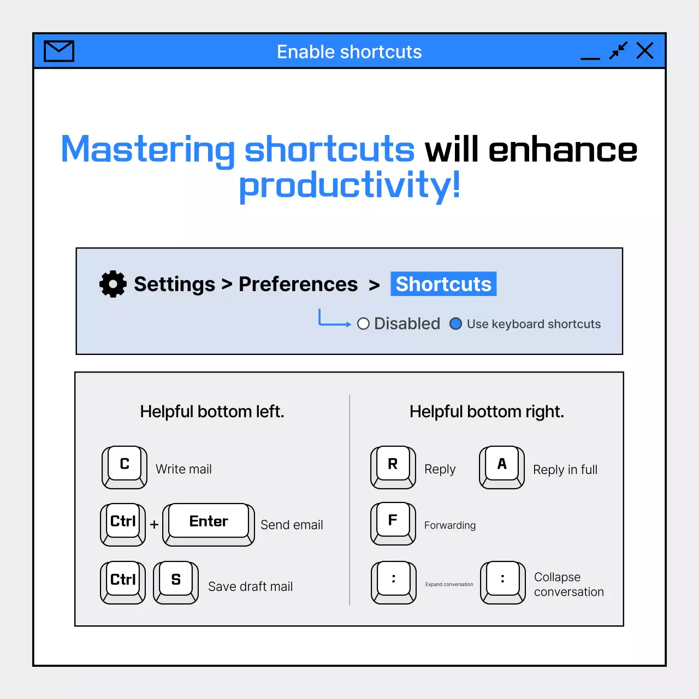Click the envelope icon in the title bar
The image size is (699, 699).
pos(59,51)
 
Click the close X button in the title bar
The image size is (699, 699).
pos(645,50)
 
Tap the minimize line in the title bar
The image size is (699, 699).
pos(590,58)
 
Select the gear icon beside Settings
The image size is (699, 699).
pos(113,283)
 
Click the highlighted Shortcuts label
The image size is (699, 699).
pos(443,283)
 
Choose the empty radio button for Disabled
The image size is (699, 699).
pos(363,324)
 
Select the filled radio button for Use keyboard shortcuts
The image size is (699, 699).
pos(455,324)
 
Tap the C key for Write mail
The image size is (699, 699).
pos(125,467)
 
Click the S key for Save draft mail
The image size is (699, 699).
pos(176,583)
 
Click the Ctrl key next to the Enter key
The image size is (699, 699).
pos(123,524)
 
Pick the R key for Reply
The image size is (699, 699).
pos(393,467)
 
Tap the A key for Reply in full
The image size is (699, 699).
pos(502,467)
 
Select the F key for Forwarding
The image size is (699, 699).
pos(393,524)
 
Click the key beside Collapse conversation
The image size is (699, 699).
pos(503,583)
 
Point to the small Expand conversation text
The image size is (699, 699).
pos(449,584)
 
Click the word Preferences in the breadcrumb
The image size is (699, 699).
pos(298,284)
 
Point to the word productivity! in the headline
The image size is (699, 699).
pos(349,185)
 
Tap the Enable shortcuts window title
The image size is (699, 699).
pos(349,51)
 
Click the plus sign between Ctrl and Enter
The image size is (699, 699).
pos(154,524)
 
